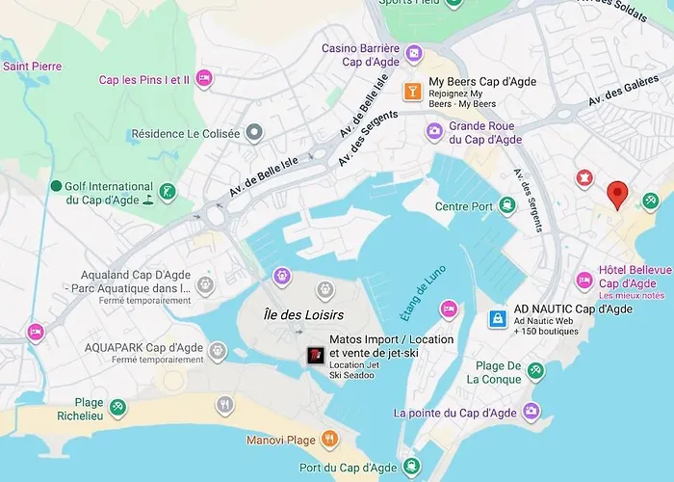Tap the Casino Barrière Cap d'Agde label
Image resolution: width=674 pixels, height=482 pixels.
361,54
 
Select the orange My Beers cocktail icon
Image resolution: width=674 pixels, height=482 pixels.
412,91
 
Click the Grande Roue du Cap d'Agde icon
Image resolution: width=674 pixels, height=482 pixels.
435,132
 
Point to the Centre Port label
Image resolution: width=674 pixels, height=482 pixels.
464,206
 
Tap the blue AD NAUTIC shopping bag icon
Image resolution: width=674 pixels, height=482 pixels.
498,318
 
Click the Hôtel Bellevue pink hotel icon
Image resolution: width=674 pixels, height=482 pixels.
583,280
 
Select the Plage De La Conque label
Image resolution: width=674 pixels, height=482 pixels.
499,372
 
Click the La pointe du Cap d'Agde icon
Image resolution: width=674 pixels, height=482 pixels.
531,412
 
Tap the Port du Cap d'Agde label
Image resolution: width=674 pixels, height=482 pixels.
347,468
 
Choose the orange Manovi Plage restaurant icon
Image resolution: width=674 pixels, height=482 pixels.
329,439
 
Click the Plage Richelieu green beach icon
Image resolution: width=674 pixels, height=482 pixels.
117,408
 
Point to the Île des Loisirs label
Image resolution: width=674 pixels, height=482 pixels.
303,315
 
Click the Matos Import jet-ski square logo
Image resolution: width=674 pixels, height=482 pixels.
315,355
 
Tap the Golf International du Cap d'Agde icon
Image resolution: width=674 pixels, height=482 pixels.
168,191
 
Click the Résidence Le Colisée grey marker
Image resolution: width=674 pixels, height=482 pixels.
253,132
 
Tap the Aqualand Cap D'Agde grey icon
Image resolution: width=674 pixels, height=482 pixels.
204,285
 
